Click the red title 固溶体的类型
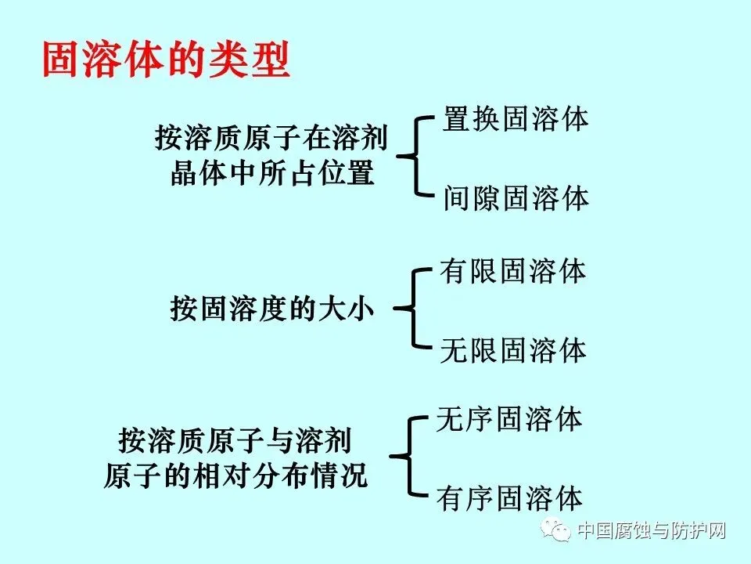166,59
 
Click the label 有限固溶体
512,272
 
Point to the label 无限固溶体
512,350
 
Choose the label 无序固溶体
509,419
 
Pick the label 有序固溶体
509,498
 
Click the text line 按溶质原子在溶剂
271,139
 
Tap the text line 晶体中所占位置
271,173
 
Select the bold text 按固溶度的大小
271,309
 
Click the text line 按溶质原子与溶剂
235,441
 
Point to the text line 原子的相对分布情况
235,475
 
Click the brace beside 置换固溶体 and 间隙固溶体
415,157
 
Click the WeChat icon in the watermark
560,532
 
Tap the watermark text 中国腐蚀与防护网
652,532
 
